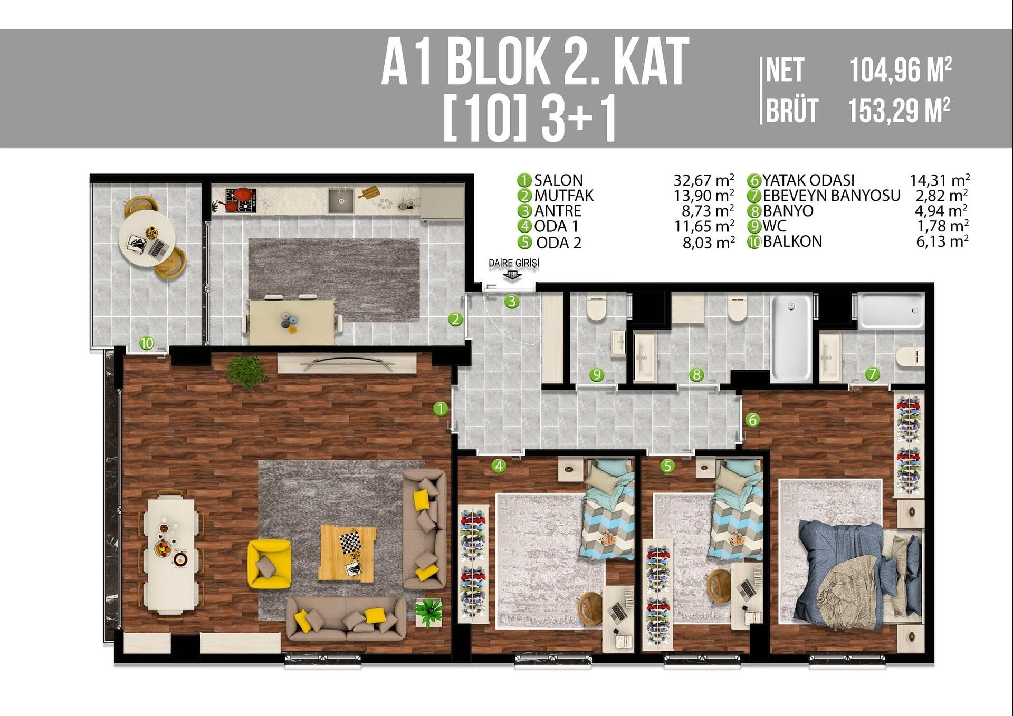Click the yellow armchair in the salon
click(x=269, y=564)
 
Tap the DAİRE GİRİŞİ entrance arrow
click(x=512, y=275)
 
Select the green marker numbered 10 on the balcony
click(x=147, y=343)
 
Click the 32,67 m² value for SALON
click(x=704, y=180)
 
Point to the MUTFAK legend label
click(x=563, y=196)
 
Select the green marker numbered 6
click(x=752, y=420)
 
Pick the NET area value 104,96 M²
click(x=900, y=70)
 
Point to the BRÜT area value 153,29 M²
click(x=899, y=110)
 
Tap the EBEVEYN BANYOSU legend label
click(x=832, y=196)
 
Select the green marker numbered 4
click(x=499, y=466)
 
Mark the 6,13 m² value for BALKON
click(x=942, y=241)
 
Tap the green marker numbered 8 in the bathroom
click(x=696, y=375)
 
